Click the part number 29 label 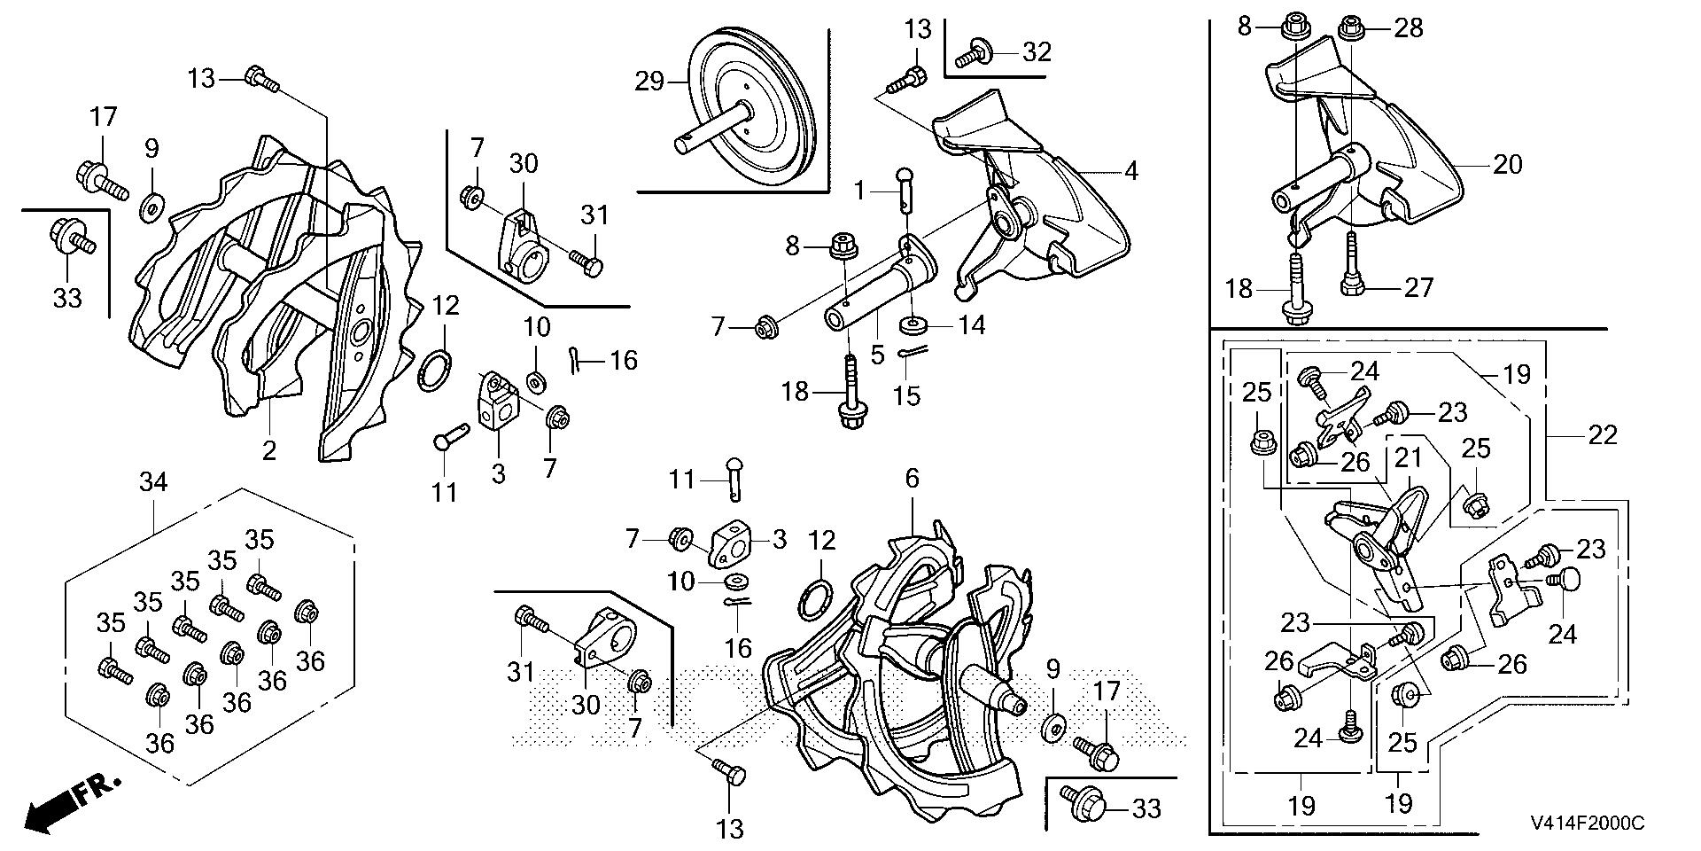[649, 82]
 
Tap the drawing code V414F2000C [1586, 824]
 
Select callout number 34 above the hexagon [153, 483]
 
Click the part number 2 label [269, 450]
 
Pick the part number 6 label [912, 480]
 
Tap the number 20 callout [1508, 164]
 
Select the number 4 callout [1130, 170]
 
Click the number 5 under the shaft [877, 355]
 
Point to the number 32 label [1036, 51]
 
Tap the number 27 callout [1418, 287]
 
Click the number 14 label [973, 325]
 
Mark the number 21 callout [1409, 458]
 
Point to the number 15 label [906, 395]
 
